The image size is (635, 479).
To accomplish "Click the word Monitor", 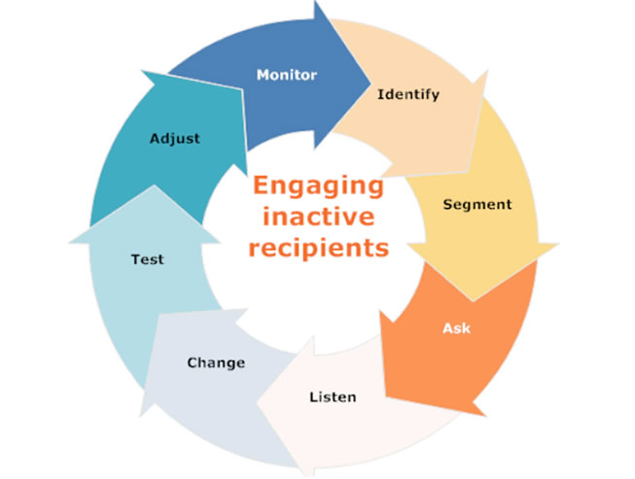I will tap(286, 74).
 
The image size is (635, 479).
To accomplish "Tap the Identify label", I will tap(407, 95).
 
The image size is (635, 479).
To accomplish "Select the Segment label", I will tap(476, 205).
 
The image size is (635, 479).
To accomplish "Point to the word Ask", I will tap(456, 328).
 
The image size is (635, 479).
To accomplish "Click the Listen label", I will tap(333, 396).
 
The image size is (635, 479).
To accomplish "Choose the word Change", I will tap(216, 363).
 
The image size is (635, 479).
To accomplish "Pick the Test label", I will tap(148, 259).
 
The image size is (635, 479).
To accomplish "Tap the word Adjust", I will tap(175, 138).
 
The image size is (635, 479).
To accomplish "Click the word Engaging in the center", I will tap(318, 187).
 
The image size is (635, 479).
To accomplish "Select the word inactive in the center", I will tap(318, 217).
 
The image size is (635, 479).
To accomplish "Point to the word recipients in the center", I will tap(318, 247).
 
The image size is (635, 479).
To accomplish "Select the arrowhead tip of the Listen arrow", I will tap(257, 403).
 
